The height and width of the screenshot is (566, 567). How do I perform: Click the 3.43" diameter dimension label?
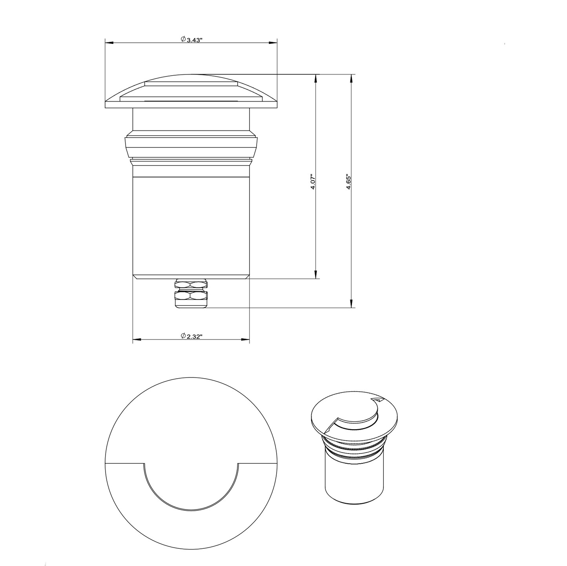click(194, 40)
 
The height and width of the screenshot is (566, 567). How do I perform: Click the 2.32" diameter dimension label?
click(194, 336)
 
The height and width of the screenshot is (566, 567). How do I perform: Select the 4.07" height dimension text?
click(313, 182)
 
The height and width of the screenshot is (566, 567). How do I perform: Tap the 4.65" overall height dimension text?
click(348, 182)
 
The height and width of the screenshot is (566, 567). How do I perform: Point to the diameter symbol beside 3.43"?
click(183, 39)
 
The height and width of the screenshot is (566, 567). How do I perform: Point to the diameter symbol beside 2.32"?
click(183, 336)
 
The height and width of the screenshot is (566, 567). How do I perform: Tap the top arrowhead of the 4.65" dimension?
click(351, 78)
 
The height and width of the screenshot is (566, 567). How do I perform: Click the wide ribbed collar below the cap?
click(191, 147)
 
